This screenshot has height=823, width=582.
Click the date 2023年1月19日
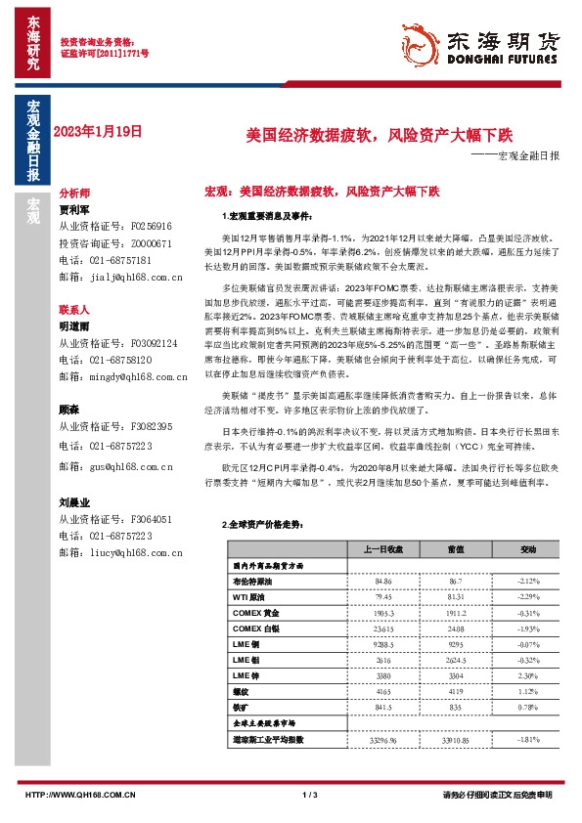tap(98, 130)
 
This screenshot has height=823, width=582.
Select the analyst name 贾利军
tap(74, 209)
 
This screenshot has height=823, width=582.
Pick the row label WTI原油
tap(250, 596)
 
